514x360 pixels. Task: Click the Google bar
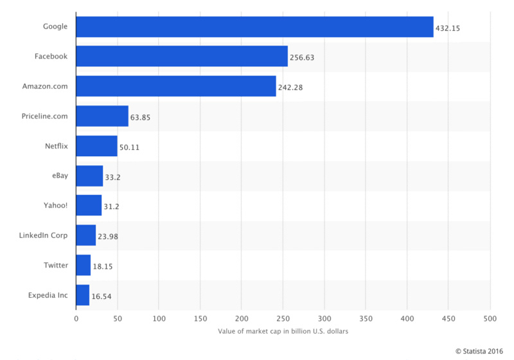pos(254,27)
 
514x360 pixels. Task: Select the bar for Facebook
pos(182,57)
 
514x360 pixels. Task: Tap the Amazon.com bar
pos(176,86)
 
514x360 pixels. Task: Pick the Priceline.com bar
pos(102,116)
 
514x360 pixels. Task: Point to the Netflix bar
pos(96,146)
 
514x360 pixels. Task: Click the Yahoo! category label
pos(54,205)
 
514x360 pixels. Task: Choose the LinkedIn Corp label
pos(43,235)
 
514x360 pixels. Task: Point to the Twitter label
pos(55,264)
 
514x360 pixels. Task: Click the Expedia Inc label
pos(47,294)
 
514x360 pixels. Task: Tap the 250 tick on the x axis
pos(283,318)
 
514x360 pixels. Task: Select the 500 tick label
pos(490,318)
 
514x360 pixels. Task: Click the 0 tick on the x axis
pos(76,318)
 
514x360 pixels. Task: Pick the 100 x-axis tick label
pos(159,318)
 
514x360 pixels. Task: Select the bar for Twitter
pos(83,265)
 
